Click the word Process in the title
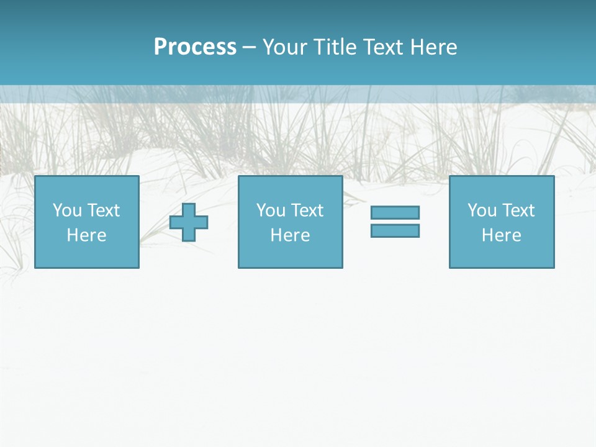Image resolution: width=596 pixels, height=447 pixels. tap(195, 47)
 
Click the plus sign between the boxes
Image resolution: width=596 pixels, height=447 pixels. tap(189, 222)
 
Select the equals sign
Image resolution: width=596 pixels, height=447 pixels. tap(395, 222)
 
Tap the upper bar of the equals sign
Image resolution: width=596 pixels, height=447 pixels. tap(395, 213)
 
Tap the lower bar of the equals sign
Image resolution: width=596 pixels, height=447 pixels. tap(395, 230)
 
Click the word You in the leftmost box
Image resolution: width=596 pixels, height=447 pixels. tap(67, 210)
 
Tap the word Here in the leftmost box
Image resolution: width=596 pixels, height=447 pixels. tap(87, 235)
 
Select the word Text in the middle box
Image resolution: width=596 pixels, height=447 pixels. tap(307, 210)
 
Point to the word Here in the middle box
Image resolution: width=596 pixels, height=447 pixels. tap(291, 235)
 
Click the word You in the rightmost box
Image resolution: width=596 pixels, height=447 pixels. tap(482, 210)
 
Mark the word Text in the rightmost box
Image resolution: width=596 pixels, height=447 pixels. tap(518, 210)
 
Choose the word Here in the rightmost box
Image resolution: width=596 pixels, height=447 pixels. tap(502, 235)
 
